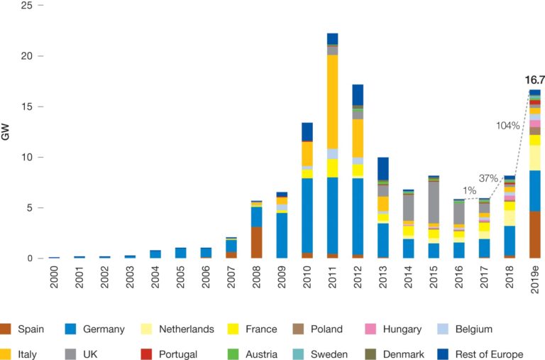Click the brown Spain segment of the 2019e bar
pos(534,234)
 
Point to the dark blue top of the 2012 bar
pos(358,94)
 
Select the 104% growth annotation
pos(507,125)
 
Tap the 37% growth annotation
pos(488,178)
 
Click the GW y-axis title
pos(6,131)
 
